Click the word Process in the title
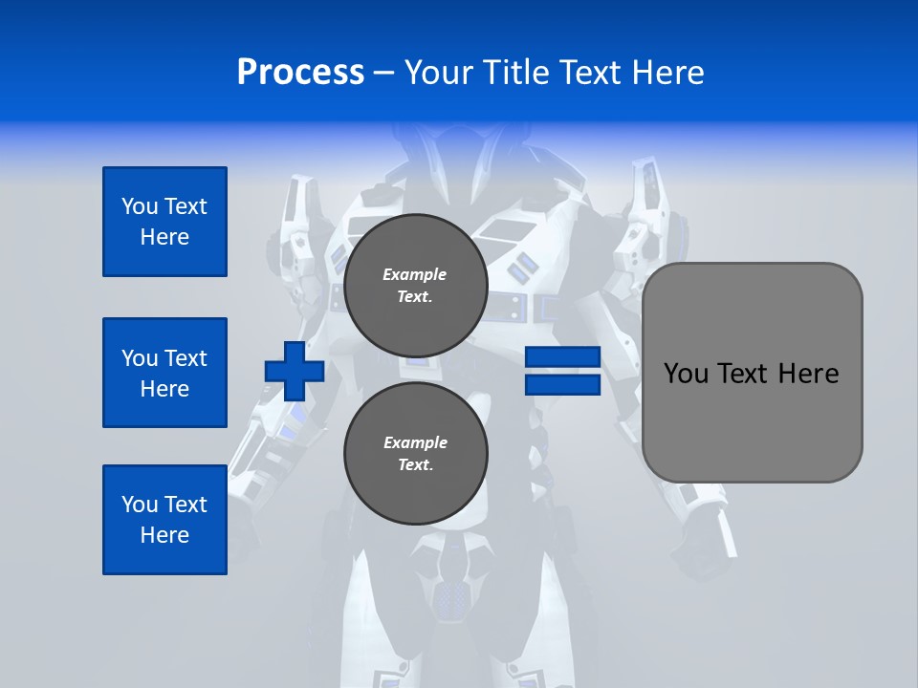pos(300,73)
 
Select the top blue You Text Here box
pos(164,222)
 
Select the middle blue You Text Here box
pos(164,373)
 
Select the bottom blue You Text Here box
pos(164,520)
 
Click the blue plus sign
pos(295,371)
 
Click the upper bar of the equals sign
pos(562,357)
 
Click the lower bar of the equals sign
pos(562,384)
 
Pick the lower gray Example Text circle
pos(415,453)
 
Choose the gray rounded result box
pos(752,420)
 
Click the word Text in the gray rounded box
pos(743,374)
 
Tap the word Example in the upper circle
pos(415,274)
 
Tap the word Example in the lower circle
pos(415,442)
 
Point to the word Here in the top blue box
pos(164,237)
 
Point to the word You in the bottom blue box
pos(140,505)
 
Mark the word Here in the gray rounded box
pos(808,374)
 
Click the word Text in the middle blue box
pos(185,358)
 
